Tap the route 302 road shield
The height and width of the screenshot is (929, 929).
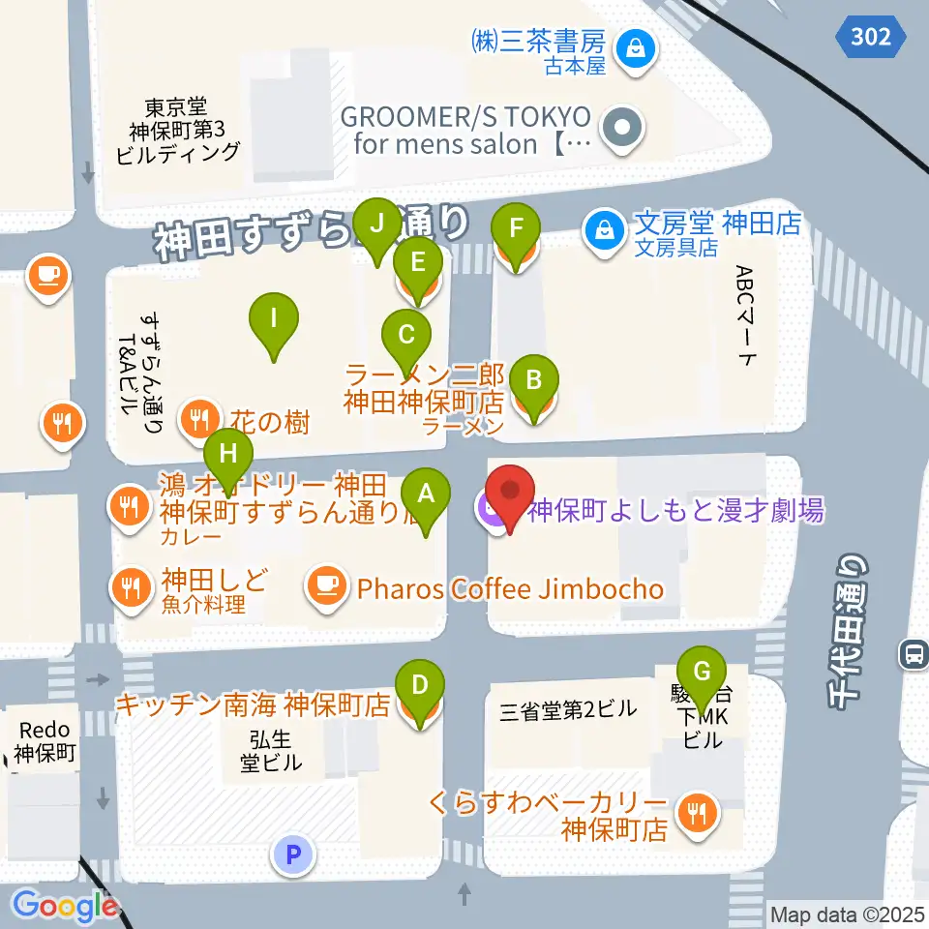pyautogui.click(x=871, y=37)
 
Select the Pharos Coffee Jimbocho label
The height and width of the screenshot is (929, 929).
pyautogui.click(x=511, y=589)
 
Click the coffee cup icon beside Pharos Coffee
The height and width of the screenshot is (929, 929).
pyautogui.click(x=327, y=584)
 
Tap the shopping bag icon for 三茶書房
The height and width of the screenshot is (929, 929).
pyautogui.click(x=636, y=45)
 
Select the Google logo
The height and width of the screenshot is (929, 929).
pyautogui.click(x=66, y=906)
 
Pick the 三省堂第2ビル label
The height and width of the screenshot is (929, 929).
pyautogui.click(x=568, y=709)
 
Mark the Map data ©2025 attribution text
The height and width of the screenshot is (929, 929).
pyautogui.click(x=846, y=914)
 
